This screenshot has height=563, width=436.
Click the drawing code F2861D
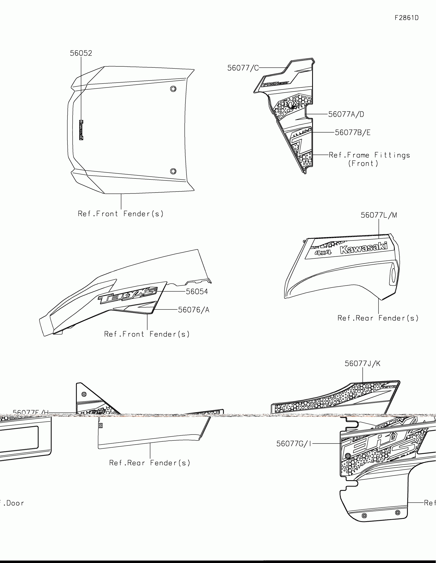pyautogui.click(x=407, y=18)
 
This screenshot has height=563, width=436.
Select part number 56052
pyautogui.click(x=81, y=53)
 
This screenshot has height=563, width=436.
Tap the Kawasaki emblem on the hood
pyautogui.click(x=81, y=130)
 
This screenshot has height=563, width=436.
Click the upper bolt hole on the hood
pyautogui.click(x=173, y=89)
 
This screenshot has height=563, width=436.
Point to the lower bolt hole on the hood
pyautogui.click(x=173, y=171)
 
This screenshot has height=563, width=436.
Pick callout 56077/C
pyautogui.click(x=243, y=68)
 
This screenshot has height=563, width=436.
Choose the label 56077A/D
pyautogui.click(x=346, y=114)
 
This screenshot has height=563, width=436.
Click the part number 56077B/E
pyautogui.click(x=352, y=133)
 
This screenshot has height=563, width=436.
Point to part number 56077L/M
pyautogui.click(x=379, y=215)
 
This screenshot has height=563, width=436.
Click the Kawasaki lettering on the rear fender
pyautogui.click(x=364, y=248)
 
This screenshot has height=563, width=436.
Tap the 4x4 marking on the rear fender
pyautogui.click(x=323, y=252)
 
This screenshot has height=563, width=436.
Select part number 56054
pyautogui.click(x=197, y=291)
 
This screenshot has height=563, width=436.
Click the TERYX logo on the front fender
pyautogui.click(x=128, y=295)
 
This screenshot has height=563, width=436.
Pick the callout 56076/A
pyautogui.click(x=194, y=310)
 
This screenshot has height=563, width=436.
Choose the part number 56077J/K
pyautogui.click(x=362, y=364)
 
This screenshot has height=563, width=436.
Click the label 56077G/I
pyautogui.click(x=294, y=444)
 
